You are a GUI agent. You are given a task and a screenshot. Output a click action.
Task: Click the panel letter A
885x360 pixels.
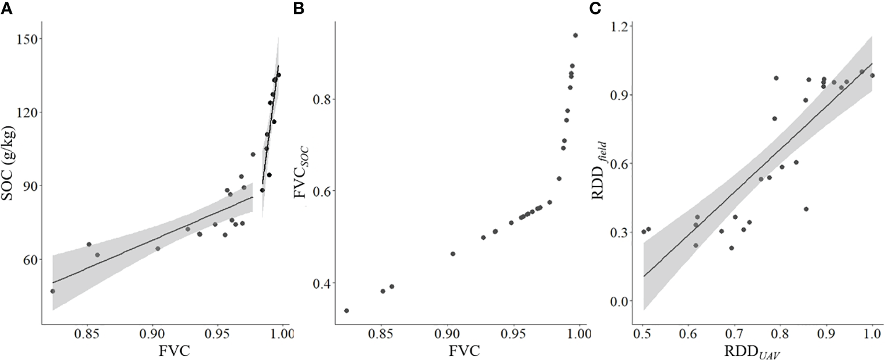[x=5, y=6]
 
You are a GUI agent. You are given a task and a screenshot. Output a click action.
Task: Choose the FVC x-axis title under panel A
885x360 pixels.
[x=165, y=352]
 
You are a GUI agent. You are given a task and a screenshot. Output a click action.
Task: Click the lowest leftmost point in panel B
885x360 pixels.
[x=347, y=311]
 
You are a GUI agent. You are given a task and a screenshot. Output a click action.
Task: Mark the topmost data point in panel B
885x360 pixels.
[x=576, y=35]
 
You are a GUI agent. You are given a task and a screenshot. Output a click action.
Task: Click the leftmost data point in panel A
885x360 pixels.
[x=53, y=291]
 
